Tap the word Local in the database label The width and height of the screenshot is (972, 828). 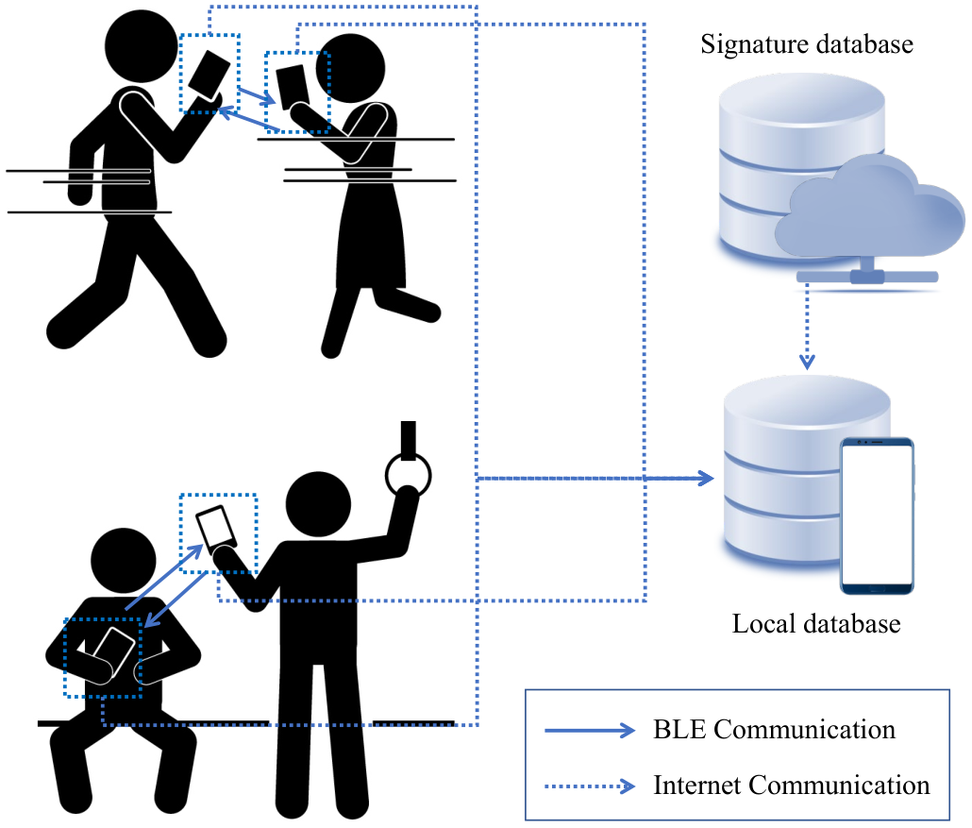[760, 623]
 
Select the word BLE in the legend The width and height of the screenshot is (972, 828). [679, 730]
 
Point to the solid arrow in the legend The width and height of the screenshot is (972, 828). [590, 731]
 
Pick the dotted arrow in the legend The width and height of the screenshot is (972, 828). [590, 786]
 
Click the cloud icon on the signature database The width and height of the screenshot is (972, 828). [870, 208]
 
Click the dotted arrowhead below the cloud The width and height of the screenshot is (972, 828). [807, 362]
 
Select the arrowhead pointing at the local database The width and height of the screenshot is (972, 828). [706, 478]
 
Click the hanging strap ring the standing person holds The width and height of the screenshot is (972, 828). [408, 476]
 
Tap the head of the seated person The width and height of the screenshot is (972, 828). [124, 561]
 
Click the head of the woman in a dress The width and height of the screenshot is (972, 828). [350, 68]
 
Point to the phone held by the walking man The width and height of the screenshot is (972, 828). [209, 75]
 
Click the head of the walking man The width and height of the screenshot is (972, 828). [142, 46]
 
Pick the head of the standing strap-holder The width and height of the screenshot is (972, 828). [318, 504]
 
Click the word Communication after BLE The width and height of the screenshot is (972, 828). [805, 730]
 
